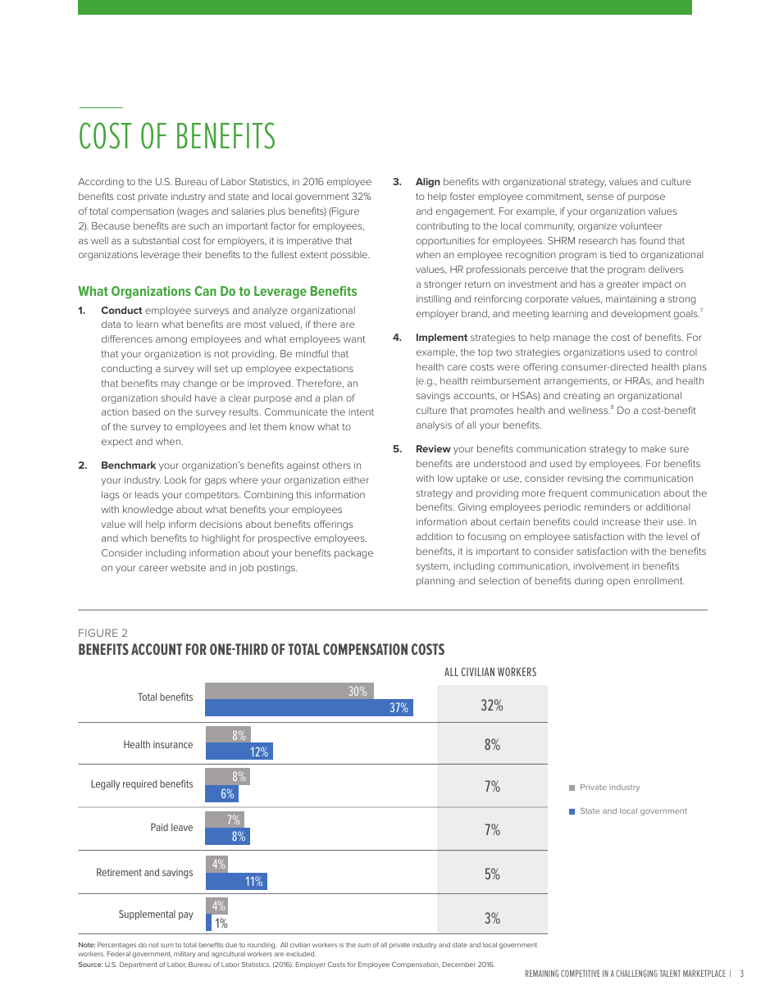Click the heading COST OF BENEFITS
[x=176, y=137]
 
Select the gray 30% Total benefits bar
[x=289, y=691]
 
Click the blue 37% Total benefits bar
[x=308, y=708]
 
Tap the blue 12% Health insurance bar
[x=238, y=751]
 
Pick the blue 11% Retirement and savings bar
[x=235, y=882]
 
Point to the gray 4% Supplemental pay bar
[x=216, y=906]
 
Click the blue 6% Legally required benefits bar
[x=221, y=793]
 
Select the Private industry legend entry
[x=608, y=788]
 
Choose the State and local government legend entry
[x=632, y=811]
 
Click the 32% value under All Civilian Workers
[x=491, y=706]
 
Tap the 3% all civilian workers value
[x=491, y=919]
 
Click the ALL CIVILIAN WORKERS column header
[x=490, y=672]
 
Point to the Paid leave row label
[x=171, y=828]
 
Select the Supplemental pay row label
[x=156, y=915]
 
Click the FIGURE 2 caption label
[x=102, y=633]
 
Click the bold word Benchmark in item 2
[x=128, y=465]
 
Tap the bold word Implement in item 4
[x=441, y=338]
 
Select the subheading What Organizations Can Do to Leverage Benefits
[x=217, y=292]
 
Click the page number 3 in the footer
[x=741, y=974]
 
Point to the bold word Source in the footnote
[x=90, y=965]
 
